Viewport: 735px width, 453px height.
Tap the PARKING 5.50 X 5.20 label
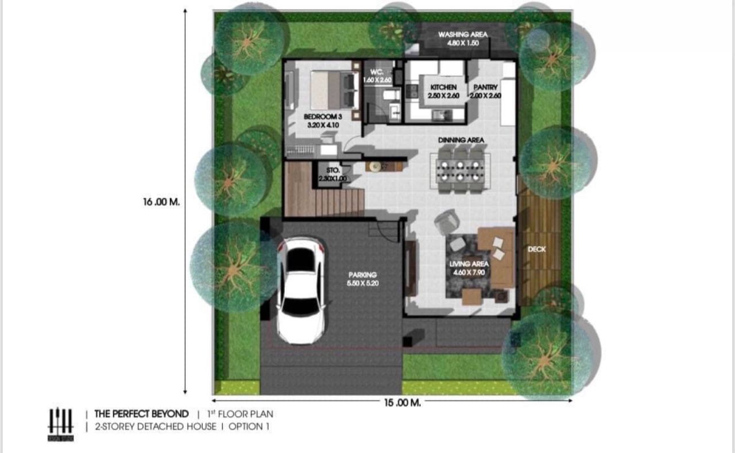click(x=363, y=279)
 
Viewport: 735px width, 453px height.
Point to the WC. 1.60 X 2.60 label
click(x=377, y=76)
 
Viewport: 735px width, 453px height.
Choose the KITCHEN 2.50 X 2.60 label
click(x=443, y=92)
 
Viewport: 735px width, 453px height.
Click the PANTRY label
click(x=485, y=92)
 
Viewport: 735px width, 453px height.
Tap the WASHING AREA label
click(x=462, y=38)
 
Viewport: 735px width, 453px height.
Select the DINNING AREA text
click(x=461, y=140)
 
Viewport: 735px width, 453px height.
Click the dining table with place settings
click(x=461, y=170)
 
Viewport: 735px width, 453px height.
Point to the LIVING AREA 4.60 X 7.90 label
click(x=469, y=268)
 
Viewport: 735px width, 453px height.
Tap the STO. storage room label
click(x=333, y=174)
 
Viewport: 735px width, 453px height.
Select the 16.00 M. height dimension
click(x=161, y=202)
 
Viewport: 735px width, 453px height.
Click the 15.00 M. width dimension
click(x=402, y=403)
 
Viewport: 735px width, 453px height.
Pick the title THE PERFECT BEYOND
click(x=141, y=413)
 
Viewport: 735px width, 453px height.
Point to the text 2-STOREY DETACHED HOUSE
click(x=155, y=427)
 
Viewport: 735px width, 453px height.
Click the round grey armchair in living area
click(x=445, y=221)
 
